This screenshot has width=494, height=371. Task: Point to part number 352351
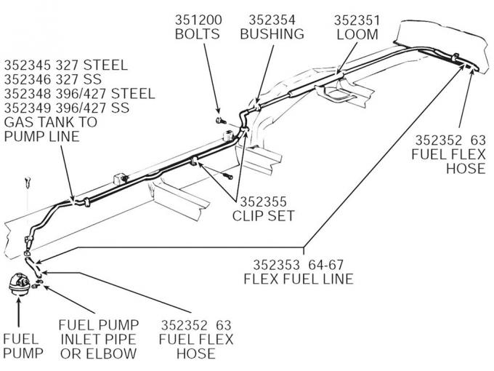click(x=355, y=19)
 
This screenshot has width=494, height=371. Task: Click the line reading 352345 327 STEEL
click(x=66, y=65)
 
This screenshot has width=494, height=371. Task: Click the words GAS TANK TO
click(x=51, y=123)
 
